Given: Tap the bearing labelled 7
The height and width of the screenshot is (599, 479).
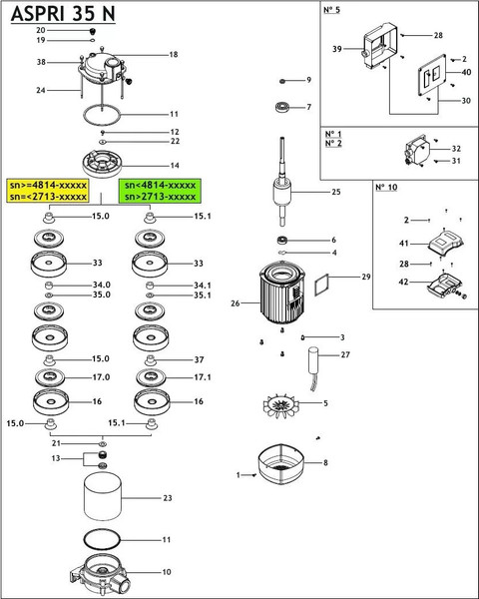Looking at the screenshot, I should click(x=282, y=107).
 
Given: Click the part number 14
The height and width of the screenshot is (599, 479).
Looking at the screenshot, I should click(x=175, y=165).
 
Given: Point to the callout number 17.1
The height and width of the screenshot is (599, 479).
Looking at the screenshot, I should click(x=203, y=377).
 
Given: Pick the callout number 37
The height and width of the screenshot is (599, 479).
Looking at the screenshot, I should click(x=199, y=359).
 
